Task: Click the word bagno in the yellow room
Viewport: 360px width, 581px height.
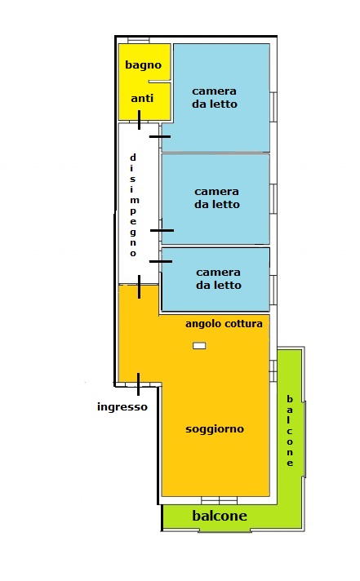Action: [143, 65]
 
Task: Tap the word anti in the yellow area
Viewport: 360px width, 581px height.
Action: [142, 98]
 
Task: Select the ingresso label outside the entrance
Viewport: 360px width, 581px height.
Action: [122, 407]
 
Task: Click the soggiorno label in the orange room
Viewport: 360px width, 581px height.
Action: [215, 429]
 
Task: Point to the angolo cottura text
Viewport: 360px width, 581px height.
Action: [224, 324]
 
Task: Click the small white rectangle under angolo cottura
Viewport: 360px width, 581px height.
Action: [199, 346]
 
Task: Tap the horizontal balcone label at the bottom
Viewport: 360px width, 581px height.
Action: [220, 516]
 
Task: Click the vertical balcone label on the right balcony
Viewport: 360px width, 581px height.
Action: [290, 431]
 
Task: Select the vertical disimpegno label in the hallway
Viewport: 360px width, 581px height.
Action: [133, 206]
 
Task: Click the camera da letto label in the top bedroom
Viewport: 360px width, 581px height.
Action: [215, 97]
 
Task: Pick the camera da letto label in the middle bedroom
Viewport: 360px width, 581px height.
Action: [217, 197]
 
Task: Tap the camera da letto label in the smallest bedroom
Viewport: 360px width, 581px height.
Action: [219, 278]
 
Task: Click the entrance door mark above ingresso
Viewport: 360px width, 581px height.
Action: [138, 384]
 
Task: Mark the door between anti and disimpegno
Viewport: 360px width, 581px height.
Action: [139, 120]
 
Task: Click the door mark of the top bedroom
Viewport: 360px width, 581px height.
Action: [160, 136]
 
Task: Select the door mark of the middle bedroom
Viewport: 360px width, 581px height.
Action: [162, 230]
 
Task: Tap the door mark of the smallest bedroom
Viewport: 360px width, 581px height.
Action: [161, 262]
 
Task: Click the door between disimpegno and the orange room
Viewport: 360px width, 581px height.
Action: [139, 286]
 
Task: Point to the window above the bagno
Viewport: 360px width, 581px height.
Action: [139, 40]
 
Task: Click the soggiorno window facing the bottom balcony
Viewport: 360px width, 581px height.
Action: [219, 501]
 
